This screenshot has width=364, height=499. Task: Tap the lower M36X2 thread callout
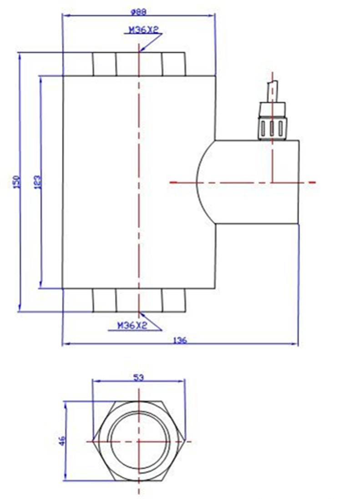[131, 325]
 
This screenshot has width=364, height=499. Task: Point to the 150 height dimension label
[17, 182]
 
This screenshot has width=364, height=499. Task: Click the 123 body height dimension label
[38, 182]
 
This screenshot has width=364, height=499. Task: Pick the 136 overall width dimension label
[181, 340]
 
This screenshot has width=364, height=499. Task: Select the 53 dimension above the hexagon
[138, 377]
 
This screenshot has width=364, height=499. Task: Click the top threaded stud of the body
[139, 64]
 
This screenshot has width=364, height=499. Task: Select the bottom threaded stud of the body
[139, 300]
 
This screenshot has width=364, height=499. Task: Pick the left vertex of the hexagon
[92, 441]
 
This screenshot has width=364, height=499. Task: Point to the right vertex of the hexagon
[185, 441]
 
